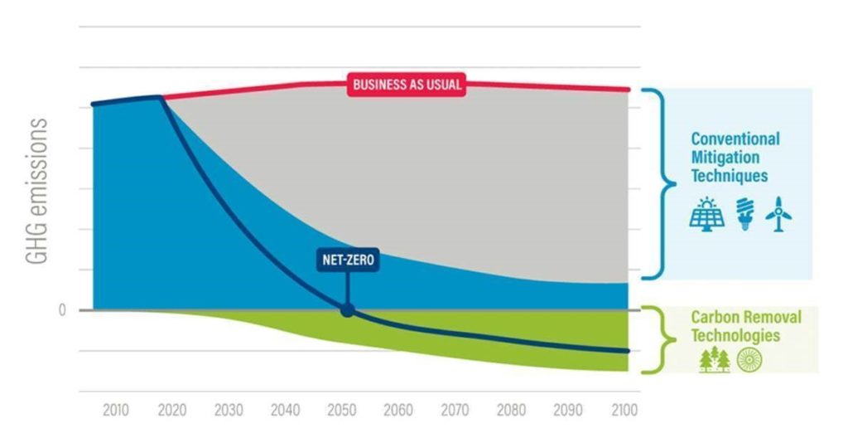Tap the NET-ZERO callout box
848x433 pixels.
[x=348, y=260]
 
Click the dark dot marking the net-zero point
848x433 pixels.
[x=348, y=310]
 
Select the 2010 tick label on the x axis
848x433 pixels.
[x=116, y=410]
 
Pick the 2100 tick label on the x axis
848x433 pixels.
[x=623, y=410]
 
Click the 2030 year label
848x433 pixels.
[x=229, y=410]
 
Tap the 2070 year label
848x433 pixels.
[x=455, y=410]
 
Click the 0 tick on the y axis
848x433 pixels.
[x=61, y=310]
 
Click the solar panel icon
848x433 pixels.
[x=706, y=214]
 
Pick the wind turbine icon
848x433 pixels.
[x=779, y=214]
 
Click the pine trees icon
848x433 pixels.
[x=715, y=359]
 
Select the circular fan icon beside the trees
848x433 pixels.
[x=749, y=359]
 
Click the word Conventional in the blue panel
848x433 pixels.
[x=735, y=139]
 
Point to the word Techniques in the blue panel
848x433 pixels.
[x=730, y=176]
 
